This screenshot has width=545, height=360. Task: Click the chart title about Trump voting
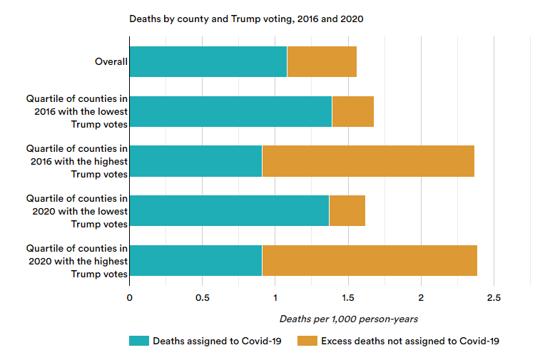[246, 19]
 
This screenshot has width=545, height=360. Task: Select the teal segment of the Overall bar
[208, 61]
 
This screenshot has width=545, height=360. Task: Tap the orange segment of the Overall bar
[322, 61]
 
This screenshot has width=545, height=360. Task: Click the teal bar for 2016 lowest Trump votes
[230, 111]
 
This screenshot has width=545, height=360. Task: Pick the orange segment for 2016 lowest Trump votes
[353, 111]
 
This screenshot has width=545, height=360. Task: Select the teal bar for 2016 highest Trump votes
[195, 161]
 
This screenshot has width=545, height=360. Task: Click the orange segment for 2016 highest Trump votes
[368, 161]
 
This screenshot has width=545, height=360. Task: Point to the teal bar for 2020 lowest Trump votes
[229, 211]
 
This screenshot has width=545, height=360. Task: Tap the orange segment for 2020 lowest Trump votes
[347, 211]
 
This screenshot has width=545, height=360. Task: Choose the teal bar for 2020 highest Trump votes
[195, 261]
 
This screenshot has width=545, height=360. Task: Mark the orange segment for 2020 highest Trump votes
[370, 261]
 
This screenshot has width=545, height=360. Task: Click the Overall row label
[111, 61]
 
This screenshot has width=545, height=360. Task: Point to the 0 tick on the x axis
[129, 297]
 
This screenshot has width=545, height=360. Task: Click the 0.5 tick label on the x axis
[202, 297]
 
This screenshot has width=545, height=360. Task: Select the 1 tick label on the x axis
[275, 297]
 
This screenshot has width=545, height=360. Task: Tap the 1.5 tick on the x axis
[348, 297]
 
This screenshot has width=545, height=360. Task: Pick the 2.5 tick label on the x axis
[494, 297]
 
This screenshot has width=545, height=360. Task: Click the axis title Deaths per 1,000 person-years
[349, 319]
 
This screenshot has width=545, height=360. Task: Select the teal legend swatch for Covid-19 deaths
[138, 341]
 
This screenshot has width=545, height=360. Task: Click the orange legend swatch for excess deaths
[307, 341]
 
